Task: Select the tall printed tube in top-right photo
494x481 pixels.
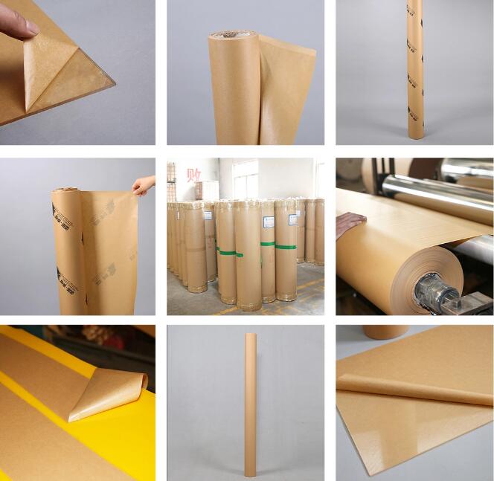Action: click(414, 71)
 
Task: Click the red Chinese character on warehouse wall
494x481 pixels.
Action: click(194, 175)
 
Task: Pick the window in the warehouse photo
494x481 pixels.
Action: click(245, 178)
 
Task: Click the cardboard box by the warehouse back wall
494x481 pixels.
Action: click(208, 190)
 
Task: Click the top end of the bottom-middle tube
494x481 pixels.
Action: click(251, 337)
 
